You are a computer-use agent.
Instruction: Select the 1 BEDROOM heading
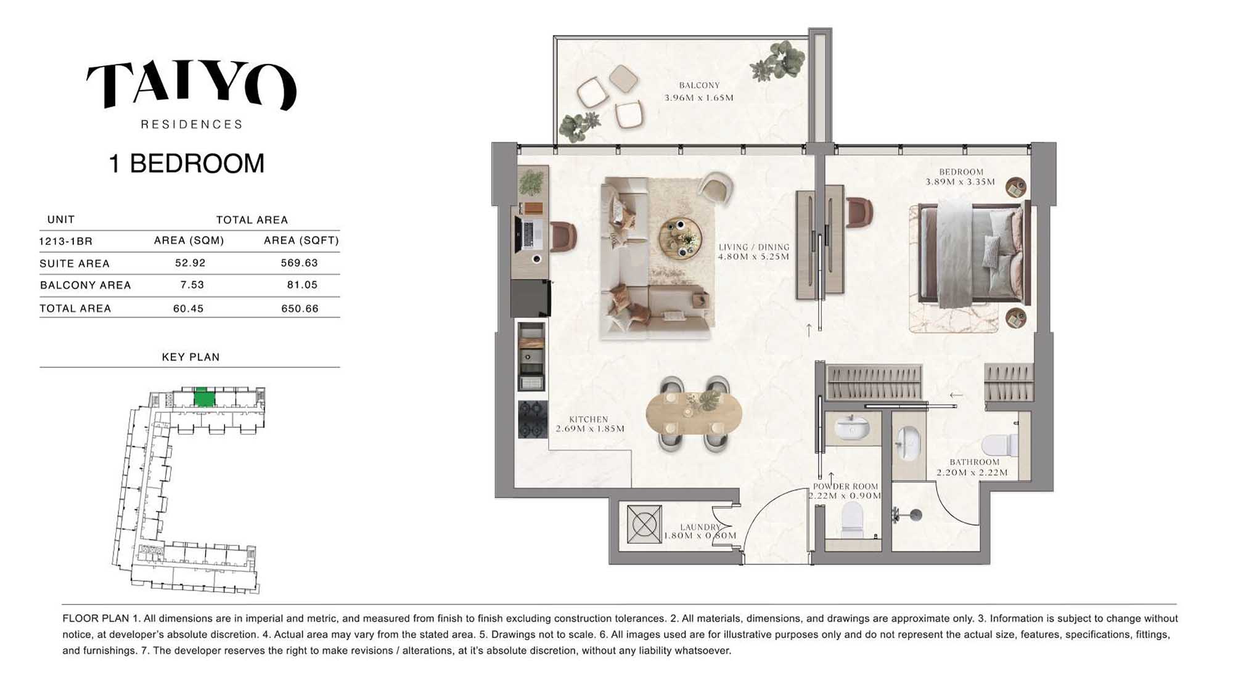pos(187,164)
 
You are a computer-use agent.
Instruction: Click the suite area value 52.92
pos(190,263)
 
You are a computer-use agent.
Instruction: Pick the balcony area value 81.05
pos(302,285)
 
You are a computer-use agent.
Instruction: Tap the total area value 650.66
pos(300,308)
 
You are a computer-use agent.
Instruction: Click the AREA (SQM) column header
pos(189,240)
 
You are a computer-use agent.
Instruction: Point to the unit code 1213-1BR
pos(65,241)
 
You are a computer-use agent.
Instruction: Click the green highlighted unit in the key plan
pos(204,398)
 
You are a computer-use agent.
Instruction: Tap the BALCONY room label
pos(699,86)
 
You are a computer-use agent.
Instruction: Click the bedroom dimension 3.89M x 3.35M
pos(960,182)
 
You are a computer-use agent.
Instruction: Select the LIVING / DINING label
pos(753,247)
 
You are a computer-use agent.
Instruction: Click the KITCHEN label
pos(588,419)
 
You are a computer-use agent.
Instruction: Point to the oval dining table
pos(694,413)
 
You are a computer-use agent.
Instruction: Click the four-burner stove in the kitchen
pos(533,419)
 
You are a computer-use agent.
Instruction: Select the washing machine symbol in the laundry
pos(644,524)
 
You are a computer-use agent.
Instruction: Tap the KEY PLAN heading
pos(190,357)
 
